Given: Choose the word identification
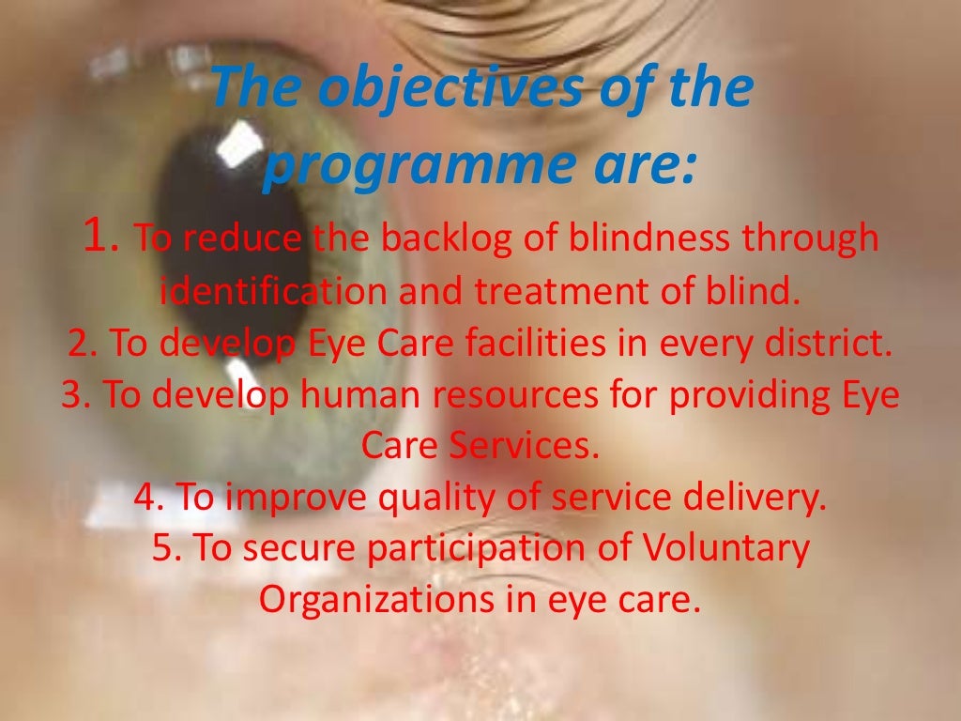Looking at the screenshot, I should click(x=273, y=293).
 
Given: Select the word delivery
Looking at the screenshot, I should click(x=759, y=499).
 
